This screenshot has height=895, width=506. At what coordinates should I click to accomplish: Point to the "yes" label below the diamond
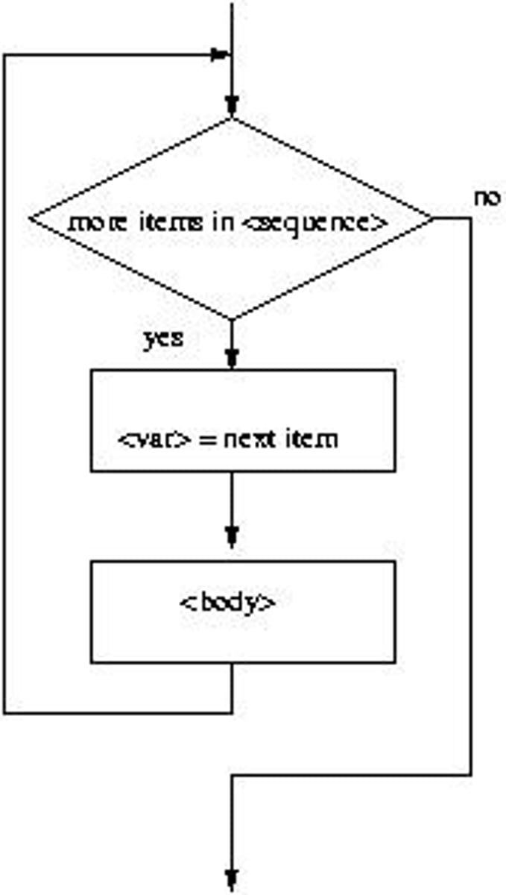162,339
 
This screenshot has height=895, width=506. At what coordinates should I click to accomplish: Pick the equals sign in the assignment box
209,439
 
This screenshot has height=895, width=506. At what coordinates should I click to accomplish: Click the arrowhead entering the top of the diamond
233,104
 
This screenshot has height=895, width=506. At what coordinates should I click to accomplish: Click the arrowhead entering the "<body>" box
233,535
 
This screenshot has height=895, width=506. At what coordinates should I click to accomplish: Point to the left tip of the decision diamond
30,219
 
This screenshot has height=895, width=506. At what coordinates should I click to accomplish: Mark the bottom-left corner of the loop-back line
4,713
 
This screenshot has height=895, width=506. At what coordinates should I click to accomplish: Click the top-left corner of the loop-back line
4,55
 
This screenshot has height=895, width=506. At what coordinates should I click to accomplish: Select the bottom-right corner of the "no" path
471,775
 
